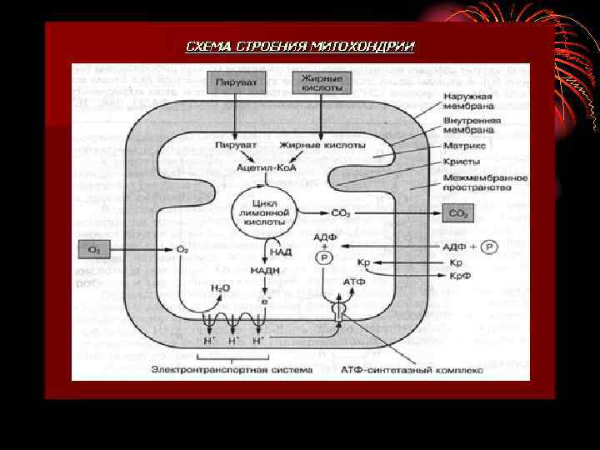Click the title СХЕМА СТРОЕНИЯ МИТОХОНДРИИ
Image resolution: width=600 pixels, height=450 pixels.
pyautogui.click(x=300, y=46)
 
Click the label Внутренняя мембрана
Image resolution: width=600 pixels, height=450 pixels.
pyautogui.click(x=472, y=126)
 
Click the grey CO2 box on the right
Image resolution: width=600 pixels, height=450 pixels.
pyautogui.click(x=459, y=213)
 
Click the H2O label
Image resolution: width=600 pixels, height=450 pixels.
pyautogui.click(x=221, y=287)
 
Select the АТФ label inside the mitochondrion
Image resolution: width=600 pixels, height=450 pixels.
pyautogui.click(x=353, y=282)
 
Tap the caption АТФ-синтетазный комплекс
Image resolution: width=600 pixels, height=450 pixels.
pyautogui.click(x=412, y=369)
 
